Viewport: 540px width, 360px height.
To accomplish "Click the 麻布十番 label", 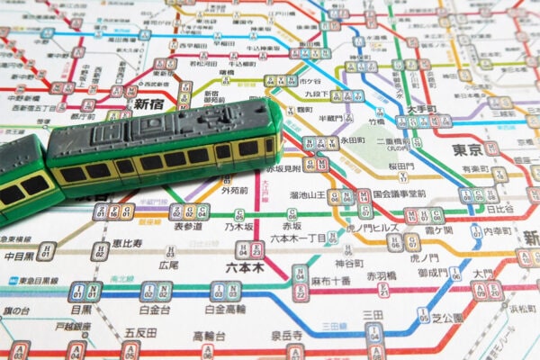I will click(x=329, y=279).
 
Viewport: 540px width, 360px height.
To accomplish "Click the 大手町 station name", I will click(x=447, y=108).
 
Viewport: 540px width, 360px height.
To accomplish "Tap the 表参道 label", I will click(x=188, y=227).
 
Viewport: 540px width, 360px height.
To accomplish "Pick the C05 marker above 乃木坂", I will click(x=238, y=215).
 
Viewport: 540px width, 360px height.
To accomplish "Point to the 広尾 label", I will click(x=169, y=265).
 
